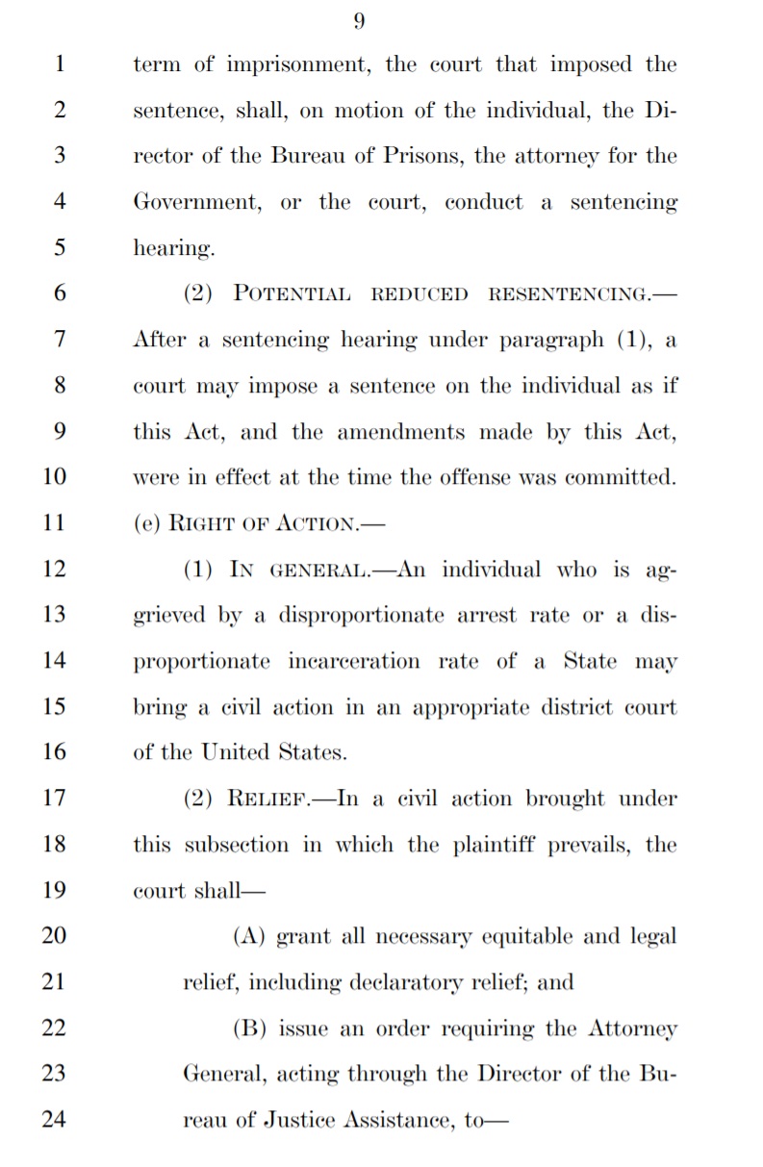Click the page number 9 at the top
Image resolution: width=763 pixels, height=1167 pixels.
[359, 21]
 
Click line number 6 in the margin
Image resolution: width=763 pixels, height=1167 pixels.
[59, 293]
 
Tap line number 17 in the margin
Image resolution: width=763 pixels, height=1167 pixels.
[54, 799]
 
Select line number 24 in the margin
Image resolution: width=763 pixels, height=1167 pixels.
[54, 1120]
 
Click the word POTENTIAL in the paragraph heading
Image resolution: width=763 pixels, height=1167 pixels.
[292, 293]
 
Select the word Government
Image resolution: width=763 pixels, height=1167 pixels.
[195, 203]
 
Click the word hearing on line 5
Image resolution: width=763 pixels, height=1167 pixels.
[171, 249]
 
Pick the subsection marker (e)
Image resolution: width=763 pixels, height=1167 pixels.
[147, 523]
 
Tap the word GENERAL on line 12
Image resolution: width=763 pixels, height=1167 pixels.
[316, 570]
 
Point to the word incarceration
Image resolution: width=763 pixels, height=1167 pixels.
[354, 662]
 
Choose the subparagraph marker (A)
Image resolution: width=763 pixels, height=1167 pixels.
[250, 936]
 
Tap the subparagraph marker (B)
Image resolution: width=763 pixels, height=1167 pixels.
[250, 1028]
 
